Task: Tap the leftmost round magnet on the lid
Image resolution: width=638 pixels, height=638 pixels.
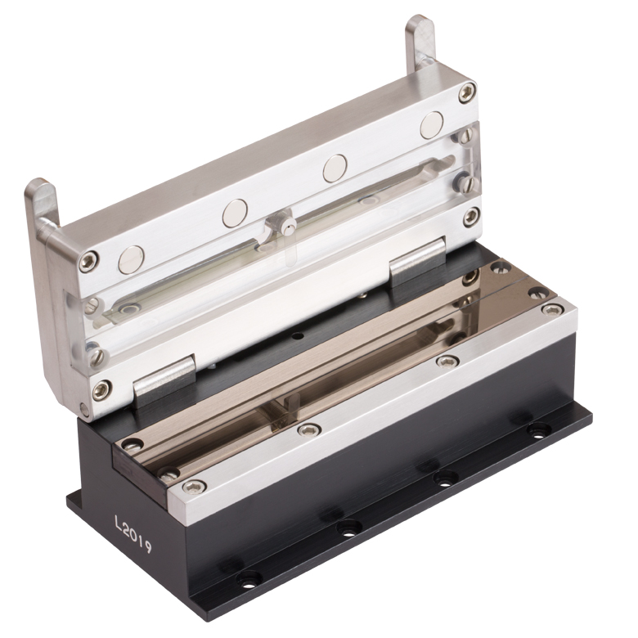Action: tap(131, 259)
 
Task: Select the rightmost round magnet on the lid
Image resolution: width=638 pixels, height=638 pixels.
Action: tap(432, 125)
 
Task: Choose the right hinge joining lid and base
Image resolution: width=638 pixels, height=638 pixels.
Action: tap(418, 263)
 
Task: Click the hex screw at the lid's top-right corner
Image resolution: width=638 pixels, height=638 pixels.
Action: tap(468, 92)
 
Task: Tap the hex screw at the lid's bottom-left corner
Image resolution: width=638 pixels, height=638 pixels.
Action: tap(101, 391)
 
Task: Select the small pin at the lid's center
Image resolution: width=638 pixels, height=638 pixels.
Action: tap(288, 228)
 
